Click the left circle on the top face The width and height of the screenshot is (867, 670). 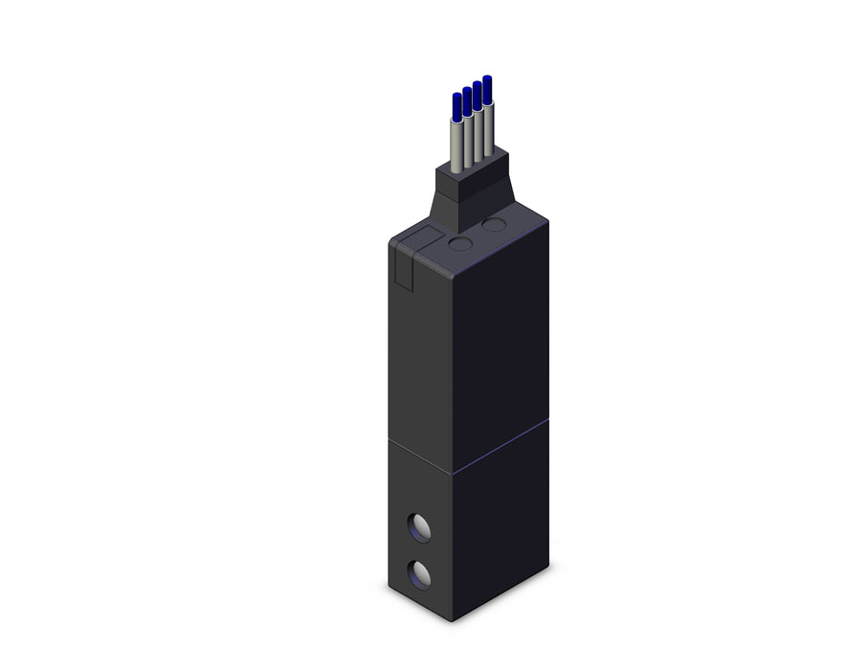click(x=460, y=245)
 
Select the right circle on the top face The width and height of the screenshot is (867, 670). click(x=494, y=226)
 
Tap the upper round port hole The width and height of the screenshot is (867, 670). click(x=419, y=525)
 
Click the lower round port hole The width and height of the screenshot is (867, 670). click(x=419, y=574)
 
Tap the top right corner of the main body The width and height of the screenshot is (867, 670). click(x=547, y=222)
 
